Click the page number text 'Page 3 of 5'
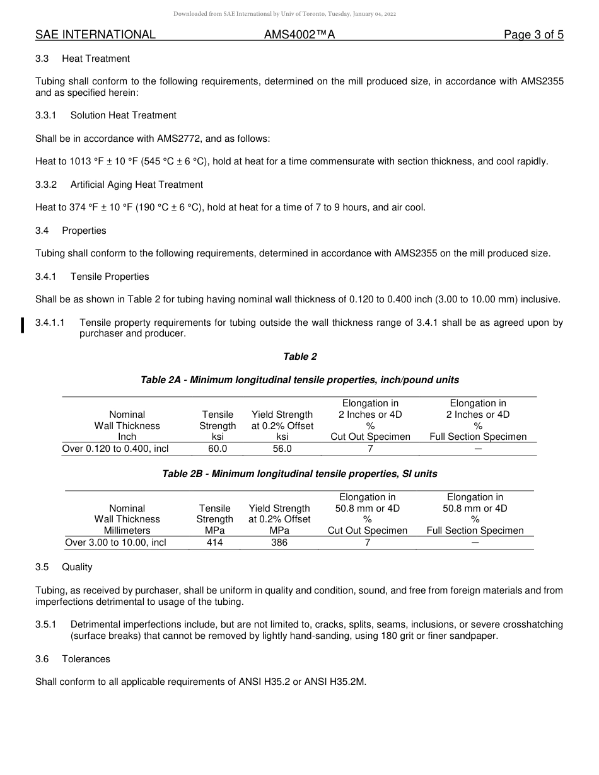coord(533,35)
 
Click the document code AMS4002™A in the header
coord(299,35)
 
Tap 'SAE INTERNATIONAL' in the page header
coord(95,35)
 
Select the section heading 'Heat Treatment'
coord(96,59)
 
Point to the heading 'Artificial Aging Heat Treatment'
coord(137,185)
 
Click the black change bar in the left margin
coord(23,325)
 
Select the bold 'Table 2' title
coord(300,357)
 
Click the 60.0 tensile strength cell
coord(218,449)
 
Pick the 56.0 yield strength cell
coord(282,449)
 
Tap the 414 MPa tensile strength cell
coord(215,542)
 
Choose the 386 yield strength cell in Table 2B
coord(279,542)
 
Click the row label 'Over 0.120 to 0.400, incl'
coord(115,449)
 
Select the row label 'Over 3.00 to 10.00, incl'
coord(116,542)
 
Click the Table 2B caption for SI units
coord(300,474)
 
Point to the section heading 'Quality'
coord(77,567)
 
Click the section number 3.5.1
coord(46,624)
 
